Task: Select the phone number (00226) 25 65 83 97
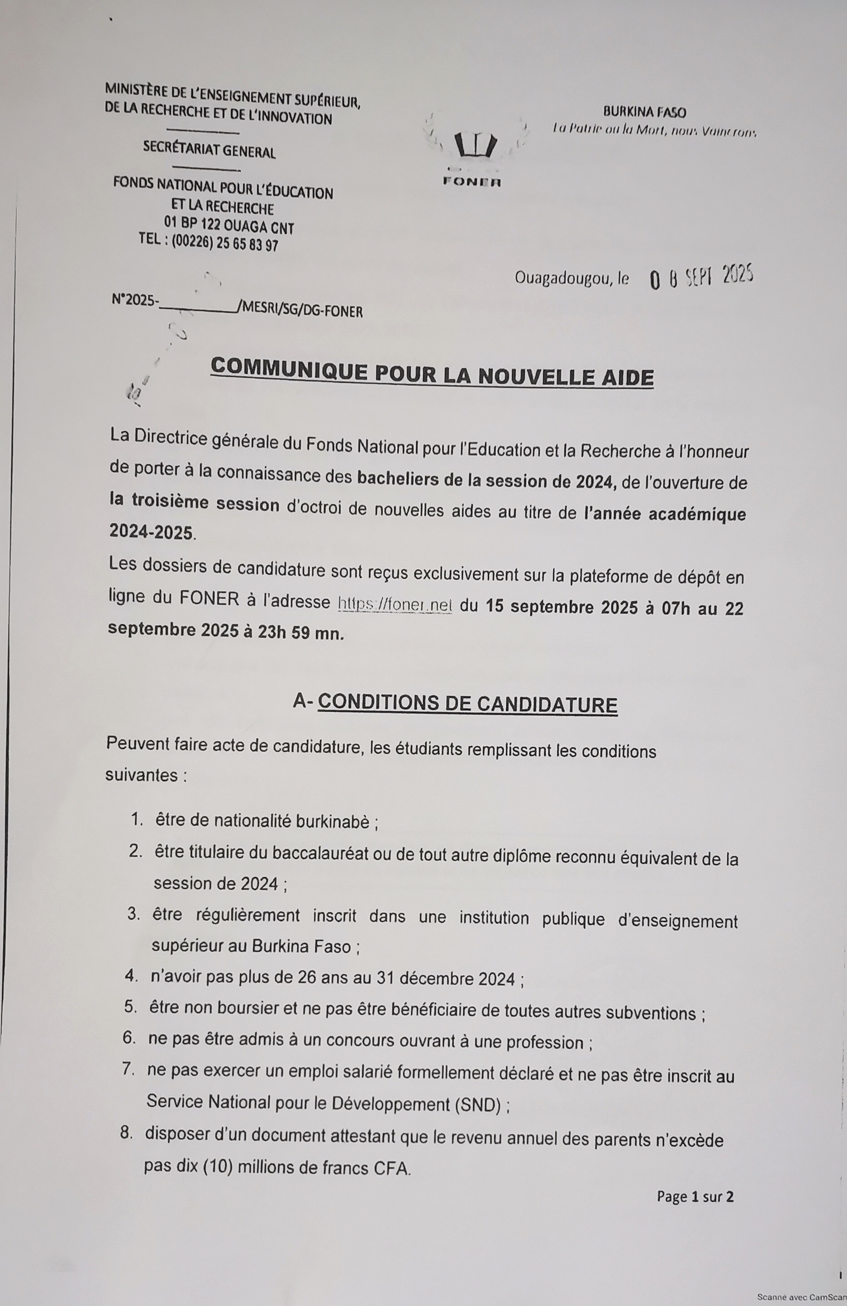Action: [x=224, y=244]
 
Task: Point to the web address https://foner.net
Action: [x=395, y=604]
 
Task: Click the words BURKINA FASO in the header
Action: [x=644, y=113]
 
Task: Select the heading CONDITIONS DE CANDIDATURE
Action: [x=468, y=704]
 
